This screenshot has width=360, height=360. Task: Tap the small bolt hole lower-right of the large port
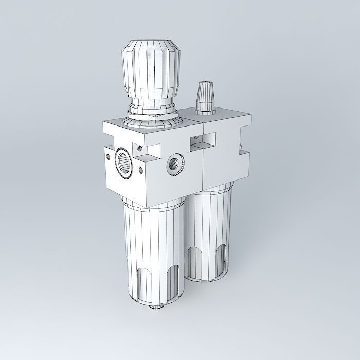pyautogui.click(x=140, y=169)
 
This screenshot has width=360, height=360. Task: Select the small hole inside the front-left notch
pyautogui.click(x=139, y=150)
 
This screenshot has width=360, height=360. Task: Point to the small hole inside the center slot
pyautogui.click(x=197, y=139)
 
